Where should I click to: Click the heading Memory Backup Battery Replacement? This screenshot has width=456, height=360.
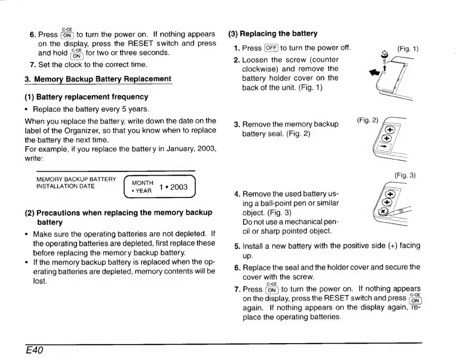[x=98, y=79]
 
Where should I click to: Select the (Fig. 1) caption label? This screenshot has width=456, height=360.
[x=408, y=49]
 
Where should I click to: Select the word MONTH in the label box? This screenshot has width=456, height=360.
[x=142, y=183]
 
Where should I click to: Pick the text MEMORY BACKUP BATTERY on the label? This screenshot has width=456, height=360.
[x=76, y=179]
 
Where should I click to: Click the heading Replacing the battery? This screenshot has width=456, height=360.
[x=273, y=34]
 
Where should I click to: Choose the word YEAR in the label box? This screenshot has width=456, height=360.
[x=144, y=191]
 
